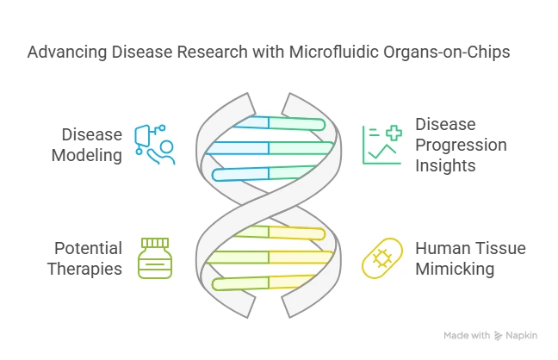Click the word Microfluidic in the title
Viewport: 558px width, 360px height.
333,52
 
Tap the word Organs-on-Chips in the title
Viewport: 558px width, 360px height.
447,53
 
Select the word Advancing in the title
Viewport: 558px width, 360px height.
67,53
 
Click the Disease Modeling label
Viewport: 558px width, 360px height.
87,145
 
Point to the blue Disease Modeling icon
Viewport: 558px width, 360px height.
155,144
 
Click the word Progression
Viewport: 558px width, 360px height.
461,146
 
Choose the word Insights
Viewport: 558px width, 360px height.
445,165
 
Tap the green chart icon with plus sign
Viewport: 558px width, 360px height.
382,145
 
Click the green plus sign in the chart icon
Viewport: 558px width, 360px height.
394,133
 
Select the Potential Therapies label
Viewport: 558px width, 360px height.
85,258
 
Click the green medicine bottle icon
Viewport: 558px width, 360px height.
155,258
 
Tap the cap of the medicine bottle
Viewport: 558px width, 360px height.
155,243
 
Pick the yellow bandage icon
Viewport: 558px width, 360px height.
382,258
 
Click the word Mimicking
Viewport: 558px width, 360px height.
455,269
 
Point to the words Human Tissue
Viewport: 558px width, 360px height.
470,248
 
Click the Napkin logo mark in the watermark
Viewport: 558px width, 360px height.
498,336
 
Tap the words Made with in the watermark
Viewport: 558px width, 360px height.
467,335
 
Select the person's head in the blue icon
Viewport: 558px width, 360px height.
166,146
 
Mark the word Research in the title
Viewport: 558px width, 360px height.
212,52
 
